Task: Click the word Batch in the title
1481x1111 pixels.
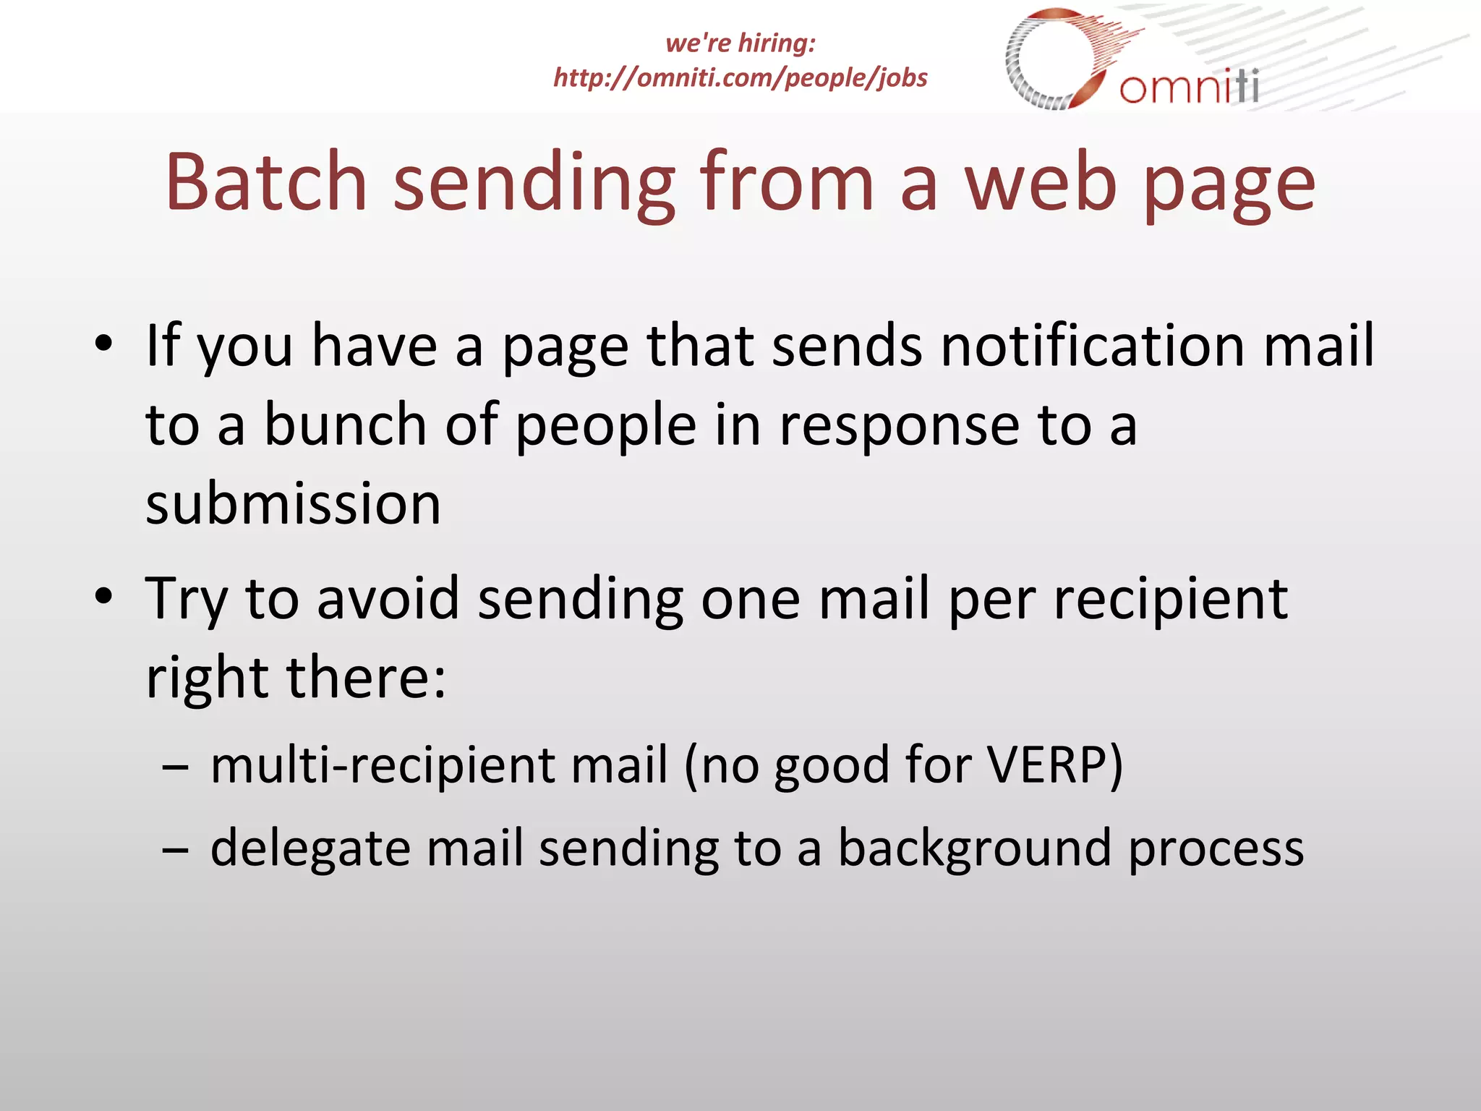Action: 266,182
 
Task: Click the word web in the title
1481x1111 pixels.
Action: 1041,182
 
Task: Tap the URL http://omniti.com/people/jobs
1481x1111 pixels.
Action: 740,77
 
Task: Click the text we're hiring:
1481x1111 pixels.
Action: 740,43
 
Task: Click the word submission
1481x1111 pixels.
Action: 293,503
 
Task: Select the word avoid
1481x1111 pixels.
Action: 388,599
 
